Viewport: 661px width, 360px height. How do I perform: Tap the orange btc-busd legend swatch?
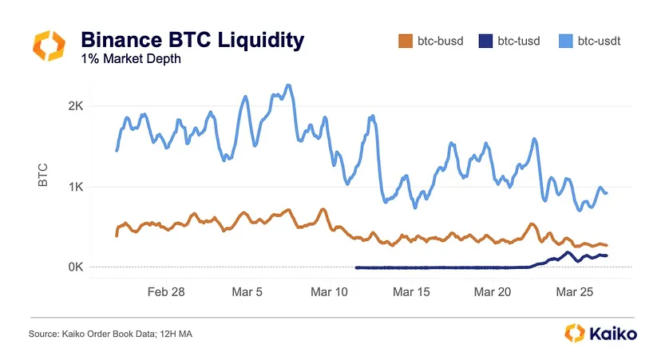404,40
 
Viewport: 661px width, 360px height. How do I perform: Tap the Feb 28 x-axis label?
166,292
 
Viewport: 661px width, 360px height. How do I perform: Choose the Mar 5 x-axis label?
247,292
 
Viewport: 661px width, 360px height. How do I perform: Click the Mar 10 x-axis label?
330,292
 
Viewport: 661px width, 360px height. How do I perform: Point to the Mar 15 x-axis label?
412,292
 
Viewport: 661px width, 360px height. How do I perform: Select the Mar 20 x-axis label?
493,292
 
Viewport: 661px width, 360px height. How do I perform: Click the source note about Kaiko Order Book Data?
109,334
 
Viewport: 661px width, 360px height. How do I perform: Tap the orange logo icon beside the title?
49,45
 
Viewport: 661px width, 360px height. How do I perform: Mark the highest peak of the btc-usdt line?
288,85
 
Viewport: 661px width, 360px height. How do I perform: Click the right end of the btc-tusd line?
607,255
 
